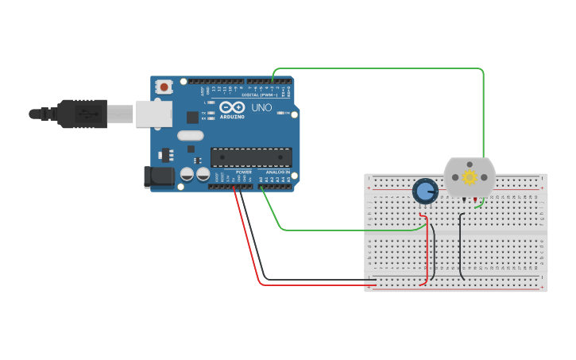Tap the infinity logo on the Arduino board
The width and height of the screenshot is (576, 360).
(x=232, y=107)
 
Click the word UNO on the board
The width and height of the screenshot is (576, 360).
(x=261, y=107)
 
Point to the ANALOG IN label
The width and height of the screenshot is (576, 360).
(x=277, y=172)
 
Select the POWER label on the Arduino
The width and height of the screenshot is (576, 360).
(x=244, y=172)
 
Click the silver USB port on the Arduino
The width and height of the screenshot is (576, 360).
(x=153, y=114)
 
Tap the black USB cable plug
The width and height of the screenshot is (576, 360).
(x=79, y=114)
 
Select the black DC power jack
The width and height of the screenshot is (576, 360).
(x=158, y=177)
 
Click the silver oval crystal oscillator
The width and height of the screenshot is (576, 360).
(x=191, y=135)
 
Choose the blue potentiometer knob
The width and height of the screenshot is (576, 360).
(x=425, y=192)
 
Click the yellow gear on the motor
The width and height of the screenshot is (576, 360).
(x=470, y=176)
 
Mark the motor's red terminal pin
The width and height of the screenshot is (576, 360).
(x=475, y=199)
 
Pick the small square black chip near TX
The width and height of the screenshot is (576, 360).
(x=192, y=117)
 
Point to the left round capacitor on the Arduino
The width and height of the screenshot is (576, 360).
(x=187, y=174)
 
